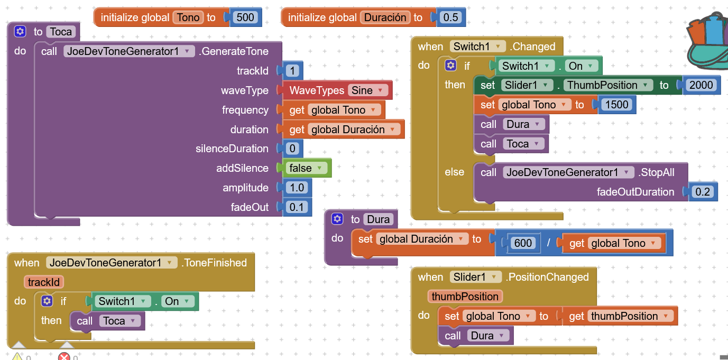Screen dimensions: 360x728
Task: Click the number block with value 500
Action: coord(245,17)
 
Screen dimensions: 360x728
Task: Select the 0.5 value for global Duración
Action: coord(450,17)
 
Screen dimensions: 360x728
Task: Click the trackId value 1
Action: coord(293,71)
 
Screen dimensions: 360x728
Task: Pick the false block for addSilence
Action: coord(306,168)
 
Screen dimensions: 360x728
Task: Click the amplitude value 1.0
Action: coord(297,188)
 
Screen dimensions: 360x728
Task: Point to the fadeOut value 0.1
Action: coord(297,207)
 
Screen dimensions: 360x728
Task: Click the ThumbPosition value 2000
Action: coord(702,85)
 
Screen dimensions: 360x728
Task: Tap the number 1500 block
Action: coord(616,105)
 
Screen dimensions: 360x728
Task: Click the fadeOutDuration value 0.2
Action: coord(702,192)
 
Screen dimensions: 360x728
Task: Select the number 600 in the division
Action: coord(523,243)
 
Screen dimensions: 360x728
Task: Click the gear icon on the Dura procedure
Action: coord(337,219)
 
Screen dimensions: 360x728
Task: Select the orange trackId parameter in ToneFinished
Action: coord(44,282)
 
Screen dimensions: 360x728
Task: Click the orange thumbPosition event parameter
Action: coord(465,297)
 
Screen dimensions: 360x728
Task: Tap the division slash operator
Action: coord(548,243)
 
